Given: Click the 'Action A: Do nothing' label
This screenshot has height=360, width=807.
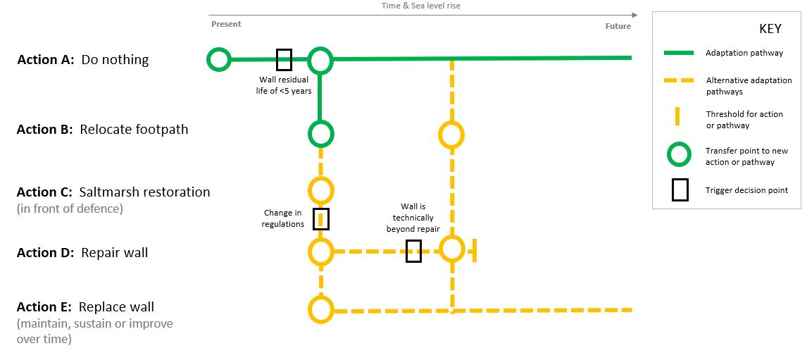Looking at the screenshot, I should click(x=83, y=60).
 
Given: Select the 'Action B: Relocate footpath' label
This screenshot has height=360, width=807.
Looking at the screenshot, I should click(x=102, y=130).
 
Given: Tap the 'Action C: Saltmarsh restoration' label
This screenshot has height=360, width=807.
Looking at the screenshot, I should click(x=113, y=192).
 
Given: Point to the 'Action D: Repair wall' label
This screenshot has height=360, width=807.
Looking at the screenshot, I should click(x=82, y=253).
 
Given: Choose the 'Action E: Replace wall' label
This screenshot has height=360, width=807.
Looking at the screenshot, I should click(x=85, y=307).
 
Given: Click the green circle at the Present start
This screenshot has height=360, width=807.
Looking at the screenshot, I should click(x=218, y=60).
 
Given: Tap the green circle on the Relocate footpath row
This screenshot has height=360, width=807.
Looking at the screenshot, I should click(x=320, y=133).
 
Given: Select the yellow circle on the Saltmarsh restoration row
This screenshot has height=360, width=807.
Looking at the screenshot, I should click(x=320, y=190).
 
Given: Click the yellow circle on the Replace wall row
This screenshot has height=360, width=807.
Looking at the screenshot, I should click(x=320, y=309).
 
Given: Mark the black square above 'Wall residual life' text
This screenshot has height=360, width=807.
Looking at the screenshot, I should click(x=284, y=60).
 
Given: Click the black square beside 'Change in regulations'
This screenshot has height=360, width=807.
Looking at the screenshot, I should click(x=321, y=219).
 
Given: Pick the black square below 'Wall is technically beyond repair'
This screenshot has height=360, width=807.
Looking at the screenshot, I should click(x=413, y=252).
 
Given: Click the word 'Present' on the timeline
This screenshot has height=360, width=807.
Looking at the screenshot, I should click(x=226, y=24).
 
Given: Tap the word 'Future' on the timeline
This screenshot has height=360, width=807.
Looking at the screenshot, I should click(x=618, y=27).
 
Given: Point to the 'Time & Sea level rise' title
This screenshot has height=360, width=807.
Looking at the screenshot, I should click(x=421, y=6).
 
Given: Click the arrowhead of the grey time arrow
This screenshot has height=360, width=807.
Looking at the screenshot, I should click(x=634, y=15).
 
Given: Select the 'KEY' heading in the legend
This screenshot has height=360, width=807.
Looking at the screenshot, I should click(x=770, y=30).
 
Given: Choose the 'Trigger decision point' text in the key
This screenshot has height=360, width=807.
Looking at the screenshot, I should click(x=746, y=190).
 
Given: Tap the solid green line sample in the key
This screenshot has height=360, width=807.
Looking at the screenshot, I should click(x=679, y=53).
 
